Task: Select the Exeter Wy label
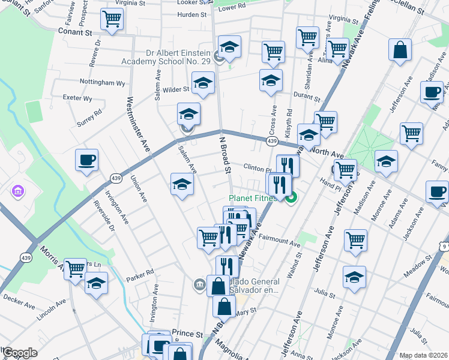[x=79, y=98]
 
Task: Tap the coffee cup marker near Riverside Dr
[x=87, y=160]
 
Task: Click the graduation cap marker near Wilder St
[x=203, y=83]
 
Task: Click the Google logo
[x=20, y=353]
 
